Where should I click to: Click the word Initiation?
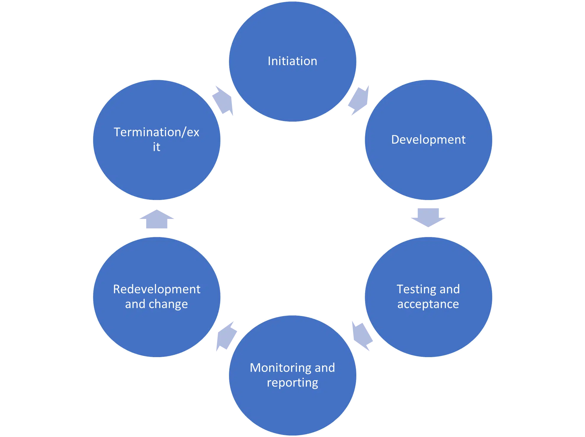pos(292,61)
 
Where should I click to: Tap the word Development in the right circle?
pos(428,140)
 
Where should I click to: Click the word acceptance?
pos(428,304)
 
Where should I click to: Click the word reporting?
pos(292,383)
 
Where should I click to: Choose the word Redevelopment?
pos(157,289)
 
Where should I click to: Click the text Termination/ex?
pos(157,132)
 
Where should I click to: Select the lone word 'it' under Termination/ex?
pos(156,147)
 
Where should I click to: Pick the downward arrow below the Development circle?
pos(428,217)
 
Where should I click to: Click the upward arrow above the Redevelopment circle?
pos(156,219)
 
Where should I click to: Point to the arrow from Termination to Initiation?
pos(224,101)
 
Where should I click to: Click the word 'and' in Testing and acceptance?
pos(450,289)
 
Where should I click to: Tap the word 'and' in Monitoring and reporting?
pos(325,368)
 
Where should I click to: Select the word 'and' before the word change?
pos(135,304)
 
